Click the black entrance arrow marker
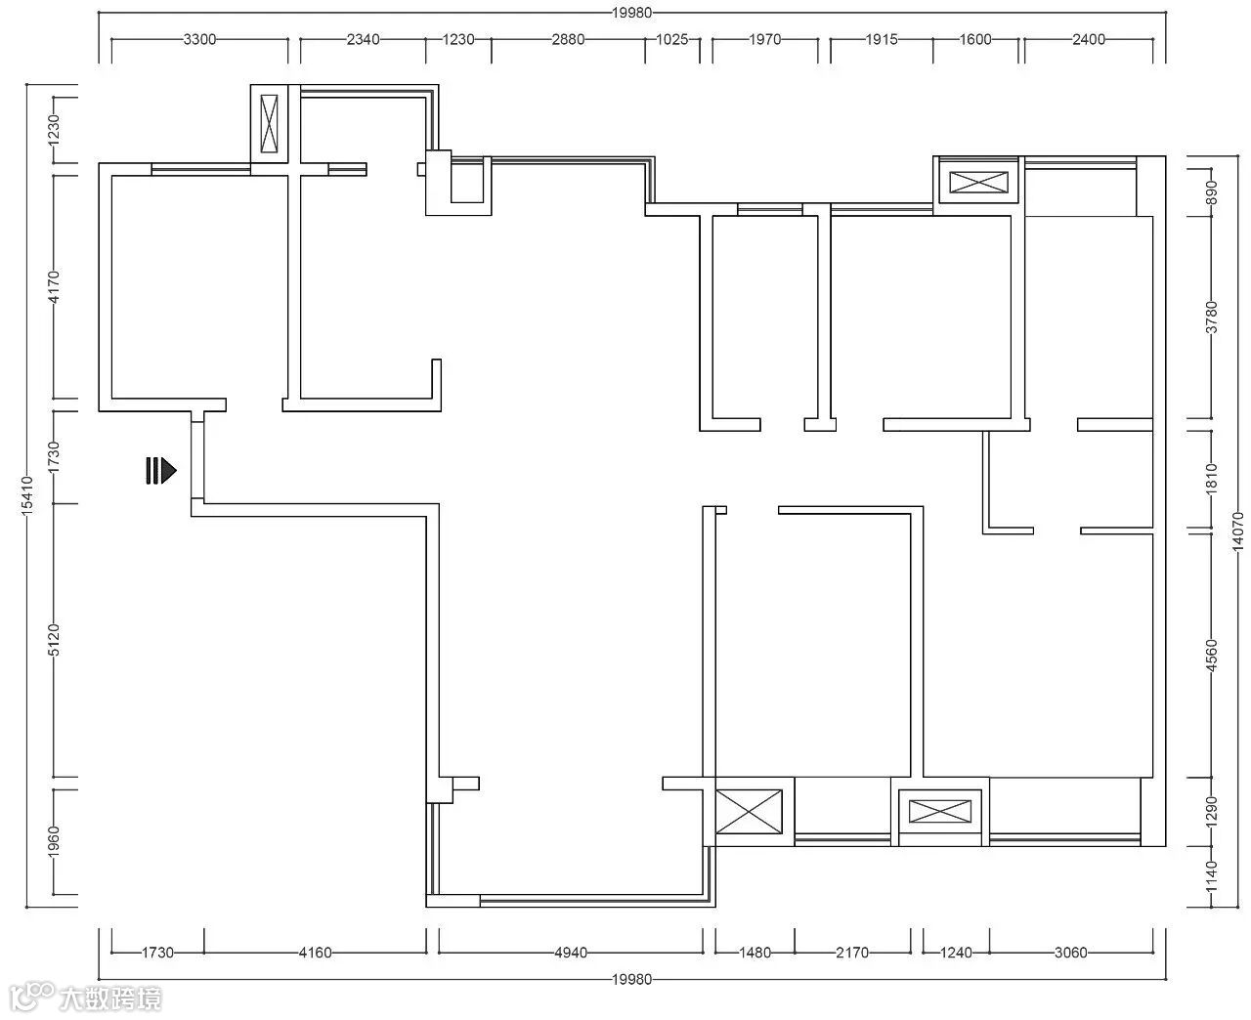pos(160,471)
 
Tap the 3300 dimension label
pos(199,40)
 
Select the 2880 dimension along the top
pos(568,40)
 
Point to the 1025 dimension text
pos(671,40)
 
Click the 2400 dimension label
pos(1089,40)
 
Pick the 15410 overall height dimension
pos(27,495)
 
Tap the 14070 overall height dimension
pos(1237,531)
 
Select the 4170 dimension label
pos(54,287)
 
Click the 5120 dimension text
pos(54,640)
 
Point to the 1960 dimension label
pos(54,841)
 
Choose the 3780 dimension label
pos(1212,318)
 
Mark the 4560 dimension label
pos(1212,656)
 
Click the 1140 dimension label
pos(1212,876)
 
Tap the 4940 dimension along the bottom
pos(571,953)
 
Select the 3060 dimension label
pos(1070,953)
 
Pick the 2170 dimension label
pos(852,953)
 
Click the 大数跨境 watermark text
pos(110,999)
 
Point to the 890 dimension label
pos(1212,192)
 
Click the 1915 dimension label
pos(881,40)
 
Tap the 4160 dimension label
pos(315,953)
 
